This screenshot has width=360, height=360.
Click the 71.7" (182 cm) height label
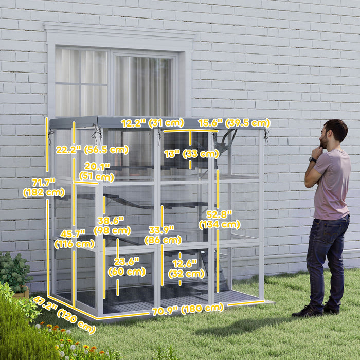44,188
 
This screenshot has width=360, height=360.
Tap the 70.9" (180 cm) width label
187,310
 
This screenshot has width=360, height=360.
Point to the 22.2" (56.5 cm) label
92,150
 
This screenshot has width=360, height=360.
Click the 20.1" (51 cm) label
97,172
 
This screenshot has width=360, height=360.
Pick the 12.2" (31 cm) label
152,123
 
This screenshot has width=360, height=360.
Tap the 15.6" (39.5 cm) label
234,123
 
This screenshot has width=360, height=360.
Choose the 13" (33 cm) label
191,153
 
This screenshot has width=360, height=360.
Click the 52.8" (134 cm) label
220,219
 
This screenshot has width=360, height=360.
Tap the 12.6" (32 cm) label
185,268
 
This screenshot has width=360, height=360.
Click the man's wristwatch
313,160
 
